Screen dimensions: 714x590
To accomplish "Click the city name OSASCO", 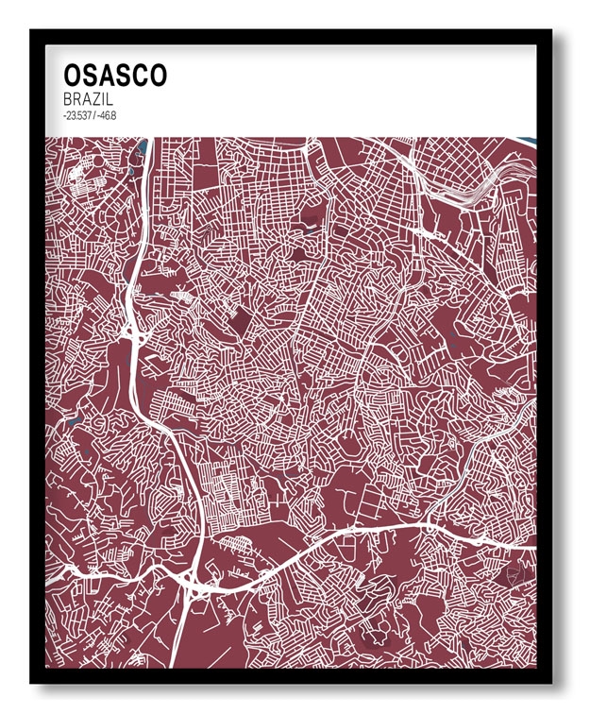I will point(114,76).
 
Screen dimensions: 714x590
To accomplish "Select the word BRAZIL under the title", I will point(91,99).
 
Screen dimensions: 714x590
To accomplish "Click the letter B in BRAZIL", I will point(68,99).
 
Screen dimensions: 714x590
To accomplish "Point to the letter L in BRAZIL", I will point(116,99).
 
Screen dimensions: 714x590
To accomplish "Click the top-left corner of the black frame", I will point(32,31).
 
